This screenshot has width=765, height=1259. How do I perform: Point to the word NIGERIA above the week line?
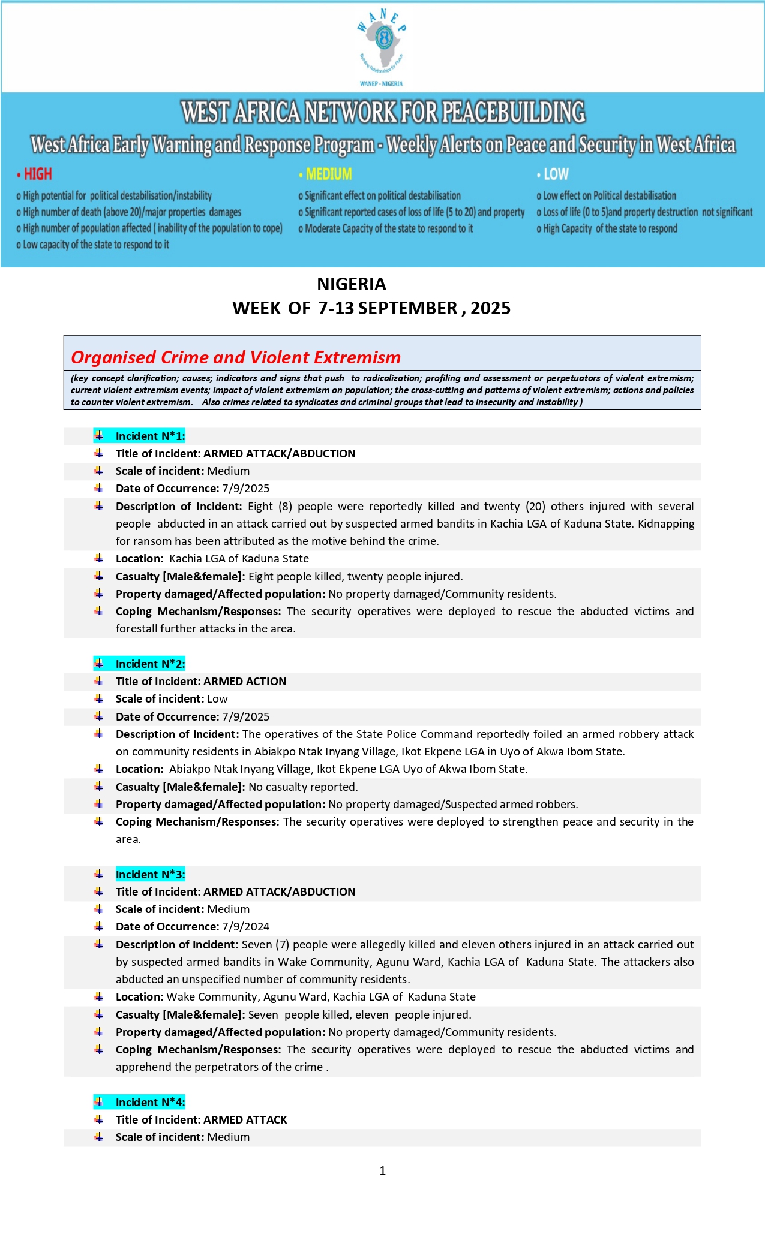[352, 284]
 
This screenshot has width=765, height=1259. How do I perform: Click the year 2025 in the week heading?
[490, 308]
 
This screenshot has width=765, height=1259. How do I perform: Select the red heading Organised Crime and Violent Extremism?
[236, 357]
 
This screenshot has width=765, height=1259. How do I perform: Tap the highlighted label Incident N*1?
[150, 436]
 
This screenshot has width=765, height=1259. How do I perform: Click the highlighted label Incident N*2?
[150, 664]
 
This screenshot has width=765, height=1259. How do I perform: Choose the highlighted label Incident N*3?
[150, 874]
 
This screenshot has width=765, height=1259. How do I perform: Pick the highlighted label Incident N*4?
[150, 1102]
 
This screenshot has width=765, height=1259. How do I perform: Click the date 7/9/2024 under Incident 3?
[246, 927]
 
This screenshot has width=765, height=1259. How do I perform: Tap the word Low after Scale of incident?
[217, 699]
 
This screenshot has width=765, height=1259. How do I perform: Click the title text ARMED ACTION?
[245, 682]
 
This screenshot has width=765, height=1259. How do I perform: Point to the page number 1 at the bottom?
[383, 1170]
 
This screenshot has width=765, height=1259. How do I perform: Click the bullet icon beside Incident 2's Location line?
[99, 769]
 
